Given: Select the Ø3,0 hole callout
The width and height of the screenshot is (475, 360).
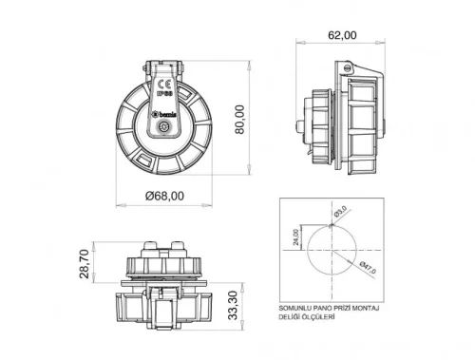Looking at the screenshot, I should (341, 211).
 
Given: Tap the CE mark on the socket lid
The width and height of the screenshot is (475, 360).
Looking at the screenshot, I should (161, 84).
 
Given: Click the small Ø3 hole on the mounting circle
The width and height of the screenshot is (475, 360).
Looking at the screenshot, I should (334, 221).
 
